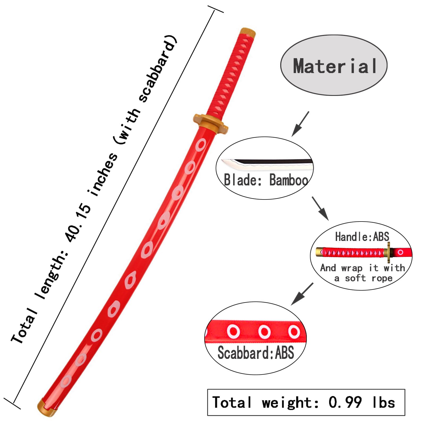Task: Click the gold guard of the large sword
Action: click(x=211, y=123)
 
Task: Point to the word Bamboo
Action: click(x=288, y=180)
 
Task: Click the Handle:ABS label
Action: click(x=362, y=237)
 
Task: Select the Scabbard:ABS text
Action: click(x=256, y=352)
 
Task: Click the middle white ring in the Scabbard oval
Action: click(x=264, y=332)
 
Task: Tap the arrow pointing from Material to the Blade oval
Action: click(x=300, y=124)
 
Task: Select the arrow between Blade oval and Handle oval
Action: click(x=320, y=209)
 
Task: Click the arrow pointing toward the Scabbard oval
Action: click(x=302, y=294)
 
